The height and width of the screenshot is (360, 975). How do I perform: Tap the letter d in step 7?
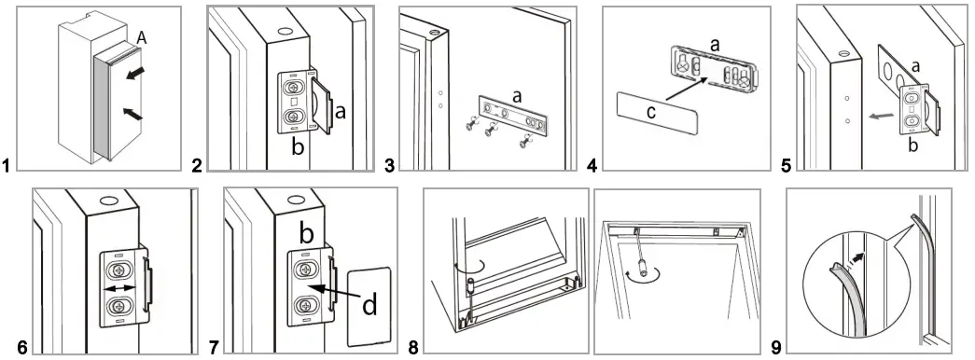pos(369,305)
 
